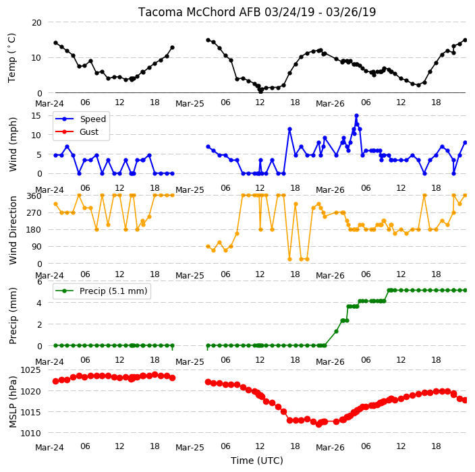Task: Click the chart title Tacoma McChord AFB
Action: [200, 12]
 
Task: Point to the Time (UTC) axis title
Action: [257, 461]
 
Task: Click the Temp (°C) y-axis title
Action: [11, 58]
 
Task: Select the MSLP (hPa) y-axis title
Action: [12, 402]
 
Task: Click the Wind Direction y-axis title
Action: [12, 231]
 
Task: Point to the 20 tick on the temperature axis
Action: [36, 23]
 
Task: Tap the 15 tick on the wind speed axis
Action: [36, 116]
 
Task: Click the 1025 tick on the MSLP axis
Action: [30, 370]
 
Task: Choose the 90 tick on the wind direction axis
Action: [36, 246]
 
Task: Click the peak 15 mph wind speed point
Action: [356, 116]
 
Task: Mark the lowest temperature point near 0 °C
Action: [260, 91]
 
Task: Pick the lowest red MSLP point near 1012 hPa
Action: [318, 425]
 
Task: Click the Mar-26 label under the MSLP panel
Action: [330, 447]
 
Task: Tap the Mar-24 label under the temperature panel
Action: [49, 104]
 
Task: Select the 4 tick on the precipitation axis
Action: [39, 303]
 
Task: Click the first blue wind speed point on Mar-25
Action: [208, 147]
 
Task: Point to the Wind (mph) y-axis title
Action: [12, 144]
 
